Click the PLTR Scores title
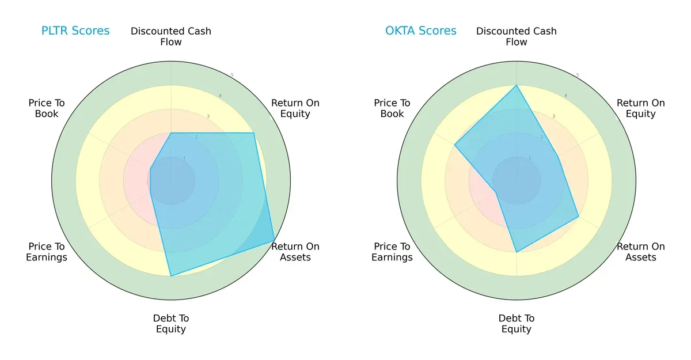[x=75, y=31]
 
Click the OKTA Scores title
[x=420, y=31]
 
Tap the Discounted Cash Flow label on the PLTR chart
[x=171, y=36]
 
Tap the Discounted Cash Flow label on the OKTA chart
[x=517, y=36]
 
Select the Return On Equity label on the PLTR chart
[x=295, y=108]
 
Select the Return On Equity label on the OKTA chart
[x=640, y=108]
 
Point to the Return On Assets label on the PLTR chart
[x=295, y=252]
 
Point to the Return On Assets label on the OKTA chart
[x=640, y=252]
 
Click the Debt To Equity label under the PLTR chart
[x=171, y=324]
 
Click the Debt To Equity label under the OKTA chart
[x=517, y=324]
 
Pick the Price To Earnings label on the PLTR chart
[x=47, y=252]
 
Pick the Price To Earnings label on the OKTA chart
[x=392, y=252]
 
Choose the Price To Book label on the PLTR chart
[x=47, y=108]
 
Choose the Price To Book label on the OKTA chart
[x=392, y=108]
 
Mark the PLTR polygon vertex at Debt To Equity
[x=171, y=276]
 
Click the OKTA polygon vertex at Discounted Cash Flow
[x=517, y=86]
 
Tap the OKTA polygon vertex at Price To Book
[x=455, y=145]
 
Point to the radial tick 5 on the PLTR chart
[x=231, y=75]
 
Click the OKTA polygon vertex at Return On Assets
[x=578, y=217]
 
